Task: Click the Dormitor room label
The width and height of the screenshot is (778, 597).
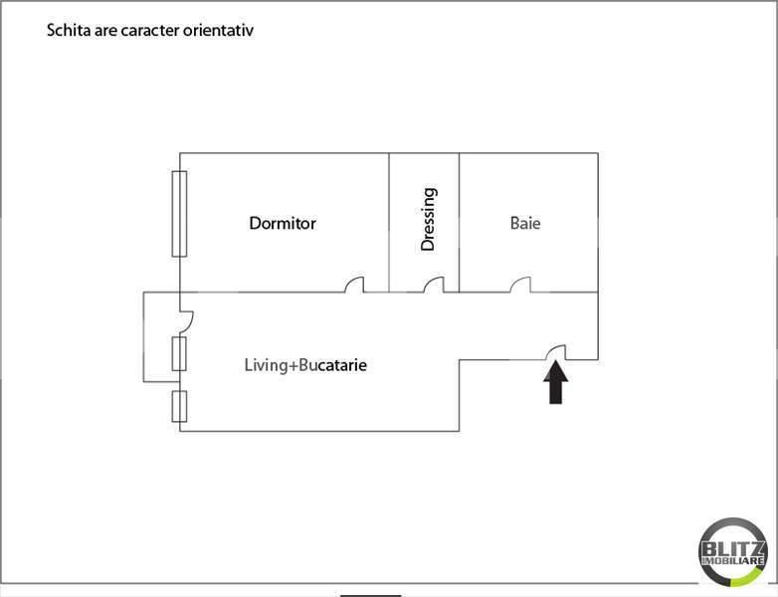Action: tap(283, 223)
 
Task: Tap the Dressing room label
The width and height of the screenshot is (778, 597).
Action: tap(429, 219)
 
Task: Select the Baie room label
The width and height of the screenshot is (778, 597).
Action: tap(525, 223)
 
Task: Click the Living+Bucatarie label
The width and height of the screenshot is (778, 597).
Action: tap(305, 365)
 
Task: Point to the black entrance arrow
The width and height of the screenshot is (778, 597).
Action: tap(556, 383)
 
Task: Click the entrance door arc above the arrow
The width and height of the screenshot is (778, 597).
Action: tap(556, 350)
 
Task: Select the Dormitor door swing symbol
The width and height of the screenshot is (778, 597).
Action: tap(354, 286)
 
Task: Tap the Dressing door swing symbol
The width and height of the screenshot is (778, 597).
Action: tap(433, 286)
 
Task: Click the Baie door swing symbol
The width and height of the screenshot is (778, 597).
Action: tap(520, 286)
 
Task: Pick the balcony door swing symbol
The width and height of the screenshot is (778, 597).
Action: tap(186, 320)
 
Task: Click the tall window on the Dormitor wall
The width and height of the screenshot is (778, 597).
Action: tap(179, 213)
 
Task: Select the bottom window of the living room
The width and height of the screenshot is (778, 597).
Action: tap(179, 407)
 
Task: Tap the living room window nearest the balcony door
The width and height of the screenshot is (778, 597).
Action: tap(179, 353)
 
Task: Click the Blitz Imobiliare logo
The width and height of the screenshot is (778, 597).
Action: tap(733, 550)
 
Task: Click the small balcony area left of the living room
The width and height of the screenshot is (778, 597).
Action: tap(160, 336)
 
